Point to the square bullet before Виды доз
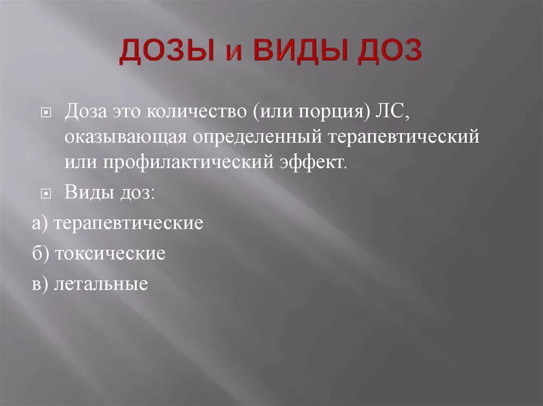tap(46, 194)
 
